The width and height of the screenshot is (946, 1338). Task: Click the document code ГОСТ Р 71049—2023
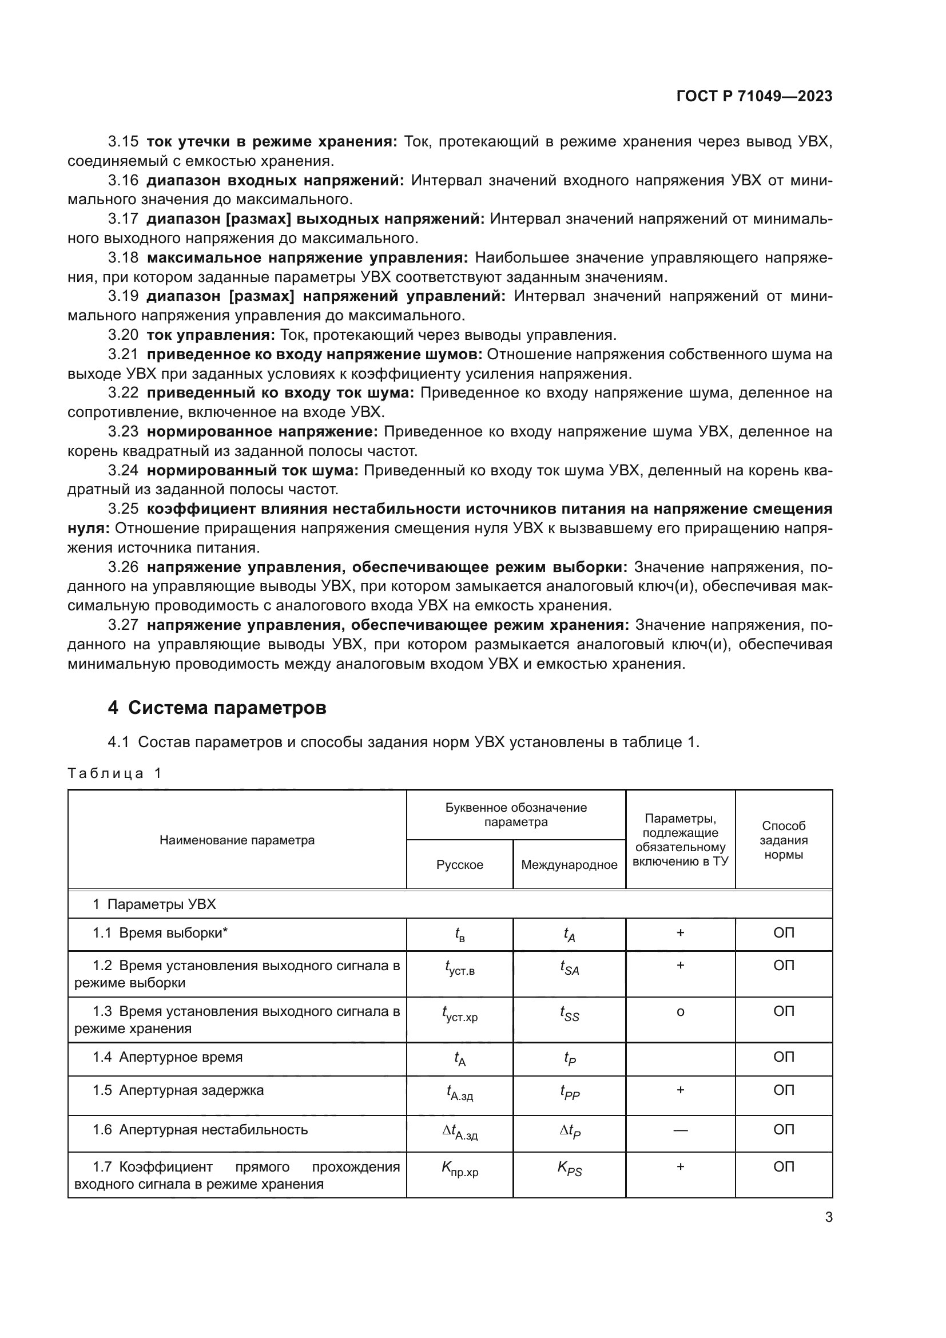[754, 97]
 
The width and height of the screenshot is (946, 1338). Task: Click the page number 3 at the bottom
[828, 1217]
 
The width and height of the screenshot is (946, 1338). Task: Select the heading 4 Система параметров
[217, 708]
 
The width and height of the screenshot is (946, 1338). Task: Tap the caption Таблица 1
[114, 773]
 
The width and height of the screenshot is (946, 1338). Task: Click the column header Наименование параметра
[237, 840]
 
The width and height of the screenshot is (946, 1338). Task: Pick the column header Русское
[460, 864]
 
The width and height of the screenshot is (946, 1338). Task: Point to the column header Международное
[569, 864]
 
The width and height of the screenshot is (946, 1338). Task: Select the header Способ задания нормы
[784, 840]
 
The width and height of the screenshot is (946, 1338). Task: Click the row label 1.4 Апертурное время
[168, 1057]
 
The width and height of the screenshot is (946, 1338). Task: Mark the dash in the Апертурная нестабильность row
[680, 1129]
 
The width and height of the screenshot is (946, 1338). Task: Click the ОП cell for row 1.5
[784, 1090]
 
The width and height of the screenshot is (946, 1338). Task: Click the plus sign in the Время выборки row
[680, 932]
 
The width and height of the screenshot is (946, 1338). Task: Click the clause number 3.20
[123, 335]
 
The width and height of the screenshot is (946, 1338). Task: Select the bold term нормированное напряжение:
[262, 432]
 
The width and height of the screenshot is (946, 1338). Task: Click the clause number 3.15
[123, 142]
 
